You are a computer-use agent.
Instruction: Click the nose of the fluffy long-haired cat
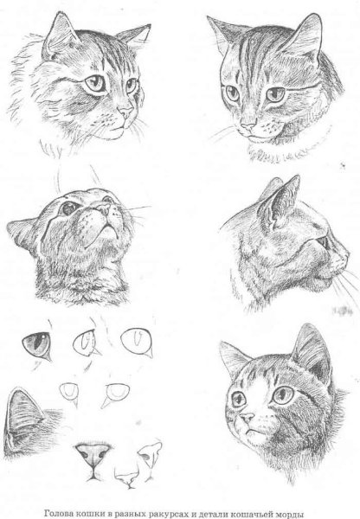pos(126,112)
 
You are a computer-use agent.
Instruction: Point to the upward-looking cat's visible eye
pos(69,208)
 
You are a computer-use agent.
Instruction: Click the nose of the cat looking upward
pos(103,208)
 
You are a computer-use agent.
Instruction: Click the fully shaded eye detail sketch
pos(37,345)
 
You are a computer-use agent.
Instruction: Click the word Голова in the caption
pos(58,514)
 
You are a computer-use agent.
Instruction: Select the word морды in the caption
pos(291,515)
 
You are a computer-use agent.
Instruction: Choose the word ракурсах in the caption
pos(167,515)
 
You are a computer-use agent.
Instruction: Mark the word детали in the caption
pos(210,514)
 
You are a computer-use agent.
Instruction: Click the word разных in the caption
pos(128,515)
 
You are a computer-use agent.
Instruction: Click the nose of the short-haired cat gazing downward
pos(248,125)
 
